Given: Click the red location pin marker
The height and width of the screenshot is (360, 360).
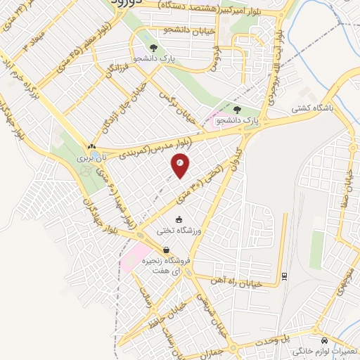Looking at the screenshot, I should coord(180,166).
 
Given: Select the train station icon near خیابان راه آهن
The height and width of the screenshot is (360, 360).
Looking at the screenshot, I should coord(283,276).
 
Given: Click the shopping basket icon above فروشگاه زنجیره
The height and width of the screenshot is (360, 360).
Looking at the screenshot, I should coord(166,250).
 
